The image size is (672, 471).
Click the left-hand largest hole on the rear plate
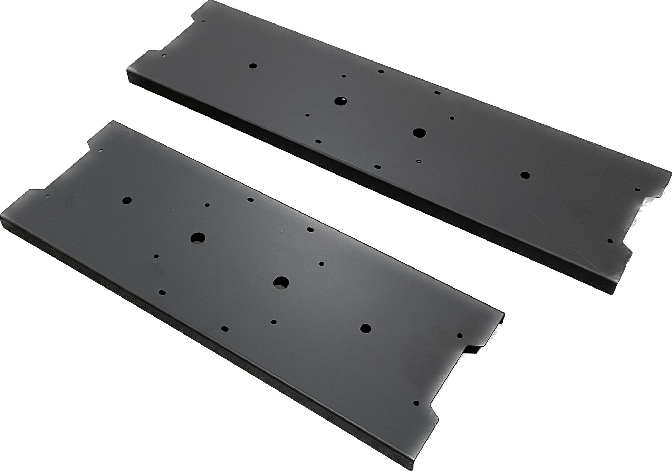[x=340, y=101]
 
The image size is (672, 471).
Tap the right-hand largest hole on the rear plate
[x=419, y=132]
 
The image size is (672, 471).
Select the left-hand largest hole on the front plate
[x=198, y=237]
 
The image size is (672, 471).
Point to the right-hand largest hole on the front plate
[x=281, y=282]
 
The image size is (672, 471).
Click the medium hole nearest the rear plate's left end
[x=253, y=66]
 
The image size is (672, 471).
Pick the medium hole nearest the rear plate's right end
[x=525, y=175]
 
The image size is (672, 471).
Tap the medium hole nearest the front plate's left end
[x=127, y=200]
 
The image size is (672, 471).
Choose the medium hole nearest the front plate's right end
[x=365, y=328]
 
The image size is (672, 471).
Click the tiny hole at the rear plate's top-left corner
[x=203, y=21]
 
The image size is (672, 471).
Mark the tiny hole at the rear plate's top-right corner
[x=637, y=189]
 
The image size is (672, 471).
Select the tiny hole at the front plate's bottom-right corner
[x=416, y=403]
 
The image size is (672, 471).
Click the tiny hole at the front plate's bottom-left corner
[x=47, y=196]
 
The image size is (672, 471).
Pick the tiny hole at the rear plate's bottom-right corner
[x=610, y=241]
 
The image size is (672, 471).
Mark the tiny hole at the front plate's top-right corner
[x=459, y=335]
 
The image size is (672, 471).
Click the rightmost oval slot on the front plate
[x=310, y=229]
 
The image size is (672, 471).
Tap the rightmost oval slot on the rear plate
[x=437, y=93]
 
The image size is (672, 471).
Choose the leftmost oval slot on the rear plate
[x=318, y=141]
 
